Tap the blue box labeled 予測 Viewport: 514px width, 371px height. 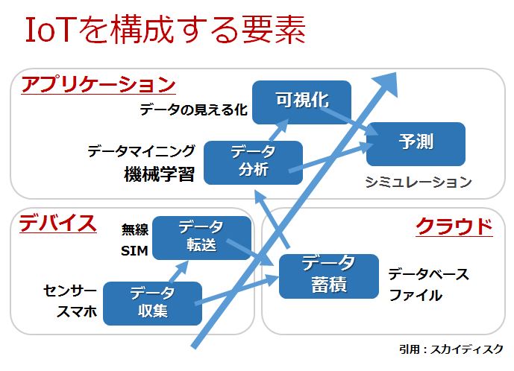pyautogui.click(x=416, y=143)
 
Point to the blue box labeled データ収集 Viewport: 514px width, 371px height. pyautogui.click(x=152, y=302)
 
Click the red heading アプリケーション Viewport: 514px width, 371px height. pyautogui.click(x=98, y=83)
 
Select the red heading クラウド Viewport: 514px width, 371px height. pyautogui.click(x=454, y=225)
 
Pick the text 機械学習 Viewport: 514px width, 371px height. pyautogui.click(x=158, y=174)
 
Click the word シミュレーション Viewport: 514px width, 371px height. pyautogui.click(x=419, y=181)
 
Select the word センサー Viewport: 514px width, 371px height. pyautogui.click(x=70, y=290)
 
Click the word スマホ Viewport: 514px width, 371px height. pyautogui.click(x=78, y=312)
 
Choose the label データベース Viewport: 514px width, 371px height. pyautogui.click(x=428, y=274)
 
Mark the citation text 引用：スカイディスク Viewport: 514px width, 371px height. pyautogui.click(x=452, y=349)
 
